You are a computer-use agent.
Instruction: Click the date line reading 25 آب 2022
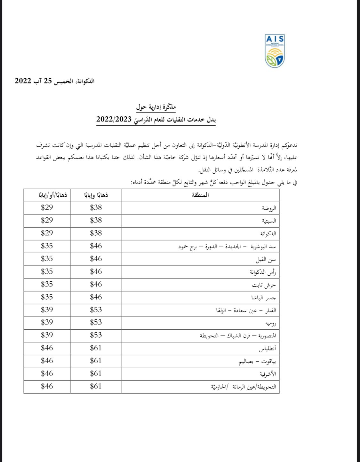pyautogui.click(x=54, y=81)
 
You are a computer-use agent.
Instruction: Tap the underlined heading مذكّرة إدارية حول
pyautogui.click(x=156, y=107)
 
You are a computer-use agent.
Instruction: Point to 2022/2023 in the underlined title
pyautogui.click(x=114, y=120)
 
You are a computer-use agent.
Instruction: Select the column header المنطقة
pyautogui.click(x=200, y=195)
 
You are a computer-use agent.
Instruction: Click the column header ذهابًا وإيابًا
pyautogui.click(x=96, y=195)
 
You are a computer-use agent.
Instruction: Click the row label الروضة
pyautogui.click(x=269, y=208)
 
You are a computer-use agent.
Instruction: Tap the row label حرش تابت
pyautogui.click(x=264, y=285)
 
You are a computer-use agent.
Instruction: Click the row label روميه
pyautogui.click(x=270, y=323)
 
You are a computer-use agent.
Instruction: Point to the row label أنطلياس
pyautogui.click(x=267, y=349)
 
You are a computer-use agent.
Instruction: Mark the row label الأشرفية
pyautogui.click(x=268, y=374)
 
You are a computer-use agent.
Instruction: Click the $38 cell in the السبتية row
pyautogui.click(x=96, y=220)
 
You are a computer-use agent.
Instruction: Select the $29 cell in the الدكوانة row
pyautogui.click(x=47, y=233)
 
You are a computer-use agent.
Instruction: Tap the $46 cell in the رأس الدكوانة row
pyautogui.click(x=96, y=271)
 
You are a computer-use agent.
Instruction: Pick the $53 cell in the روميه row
pyautogui.click(x=96, y=322)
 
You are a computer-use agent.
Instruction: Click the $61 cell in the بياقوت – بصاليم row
pyautogui.click(x=96, y=361)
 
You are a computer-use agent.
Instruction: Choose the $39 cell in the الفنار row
pyautogui.click(x=47, y=309)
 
